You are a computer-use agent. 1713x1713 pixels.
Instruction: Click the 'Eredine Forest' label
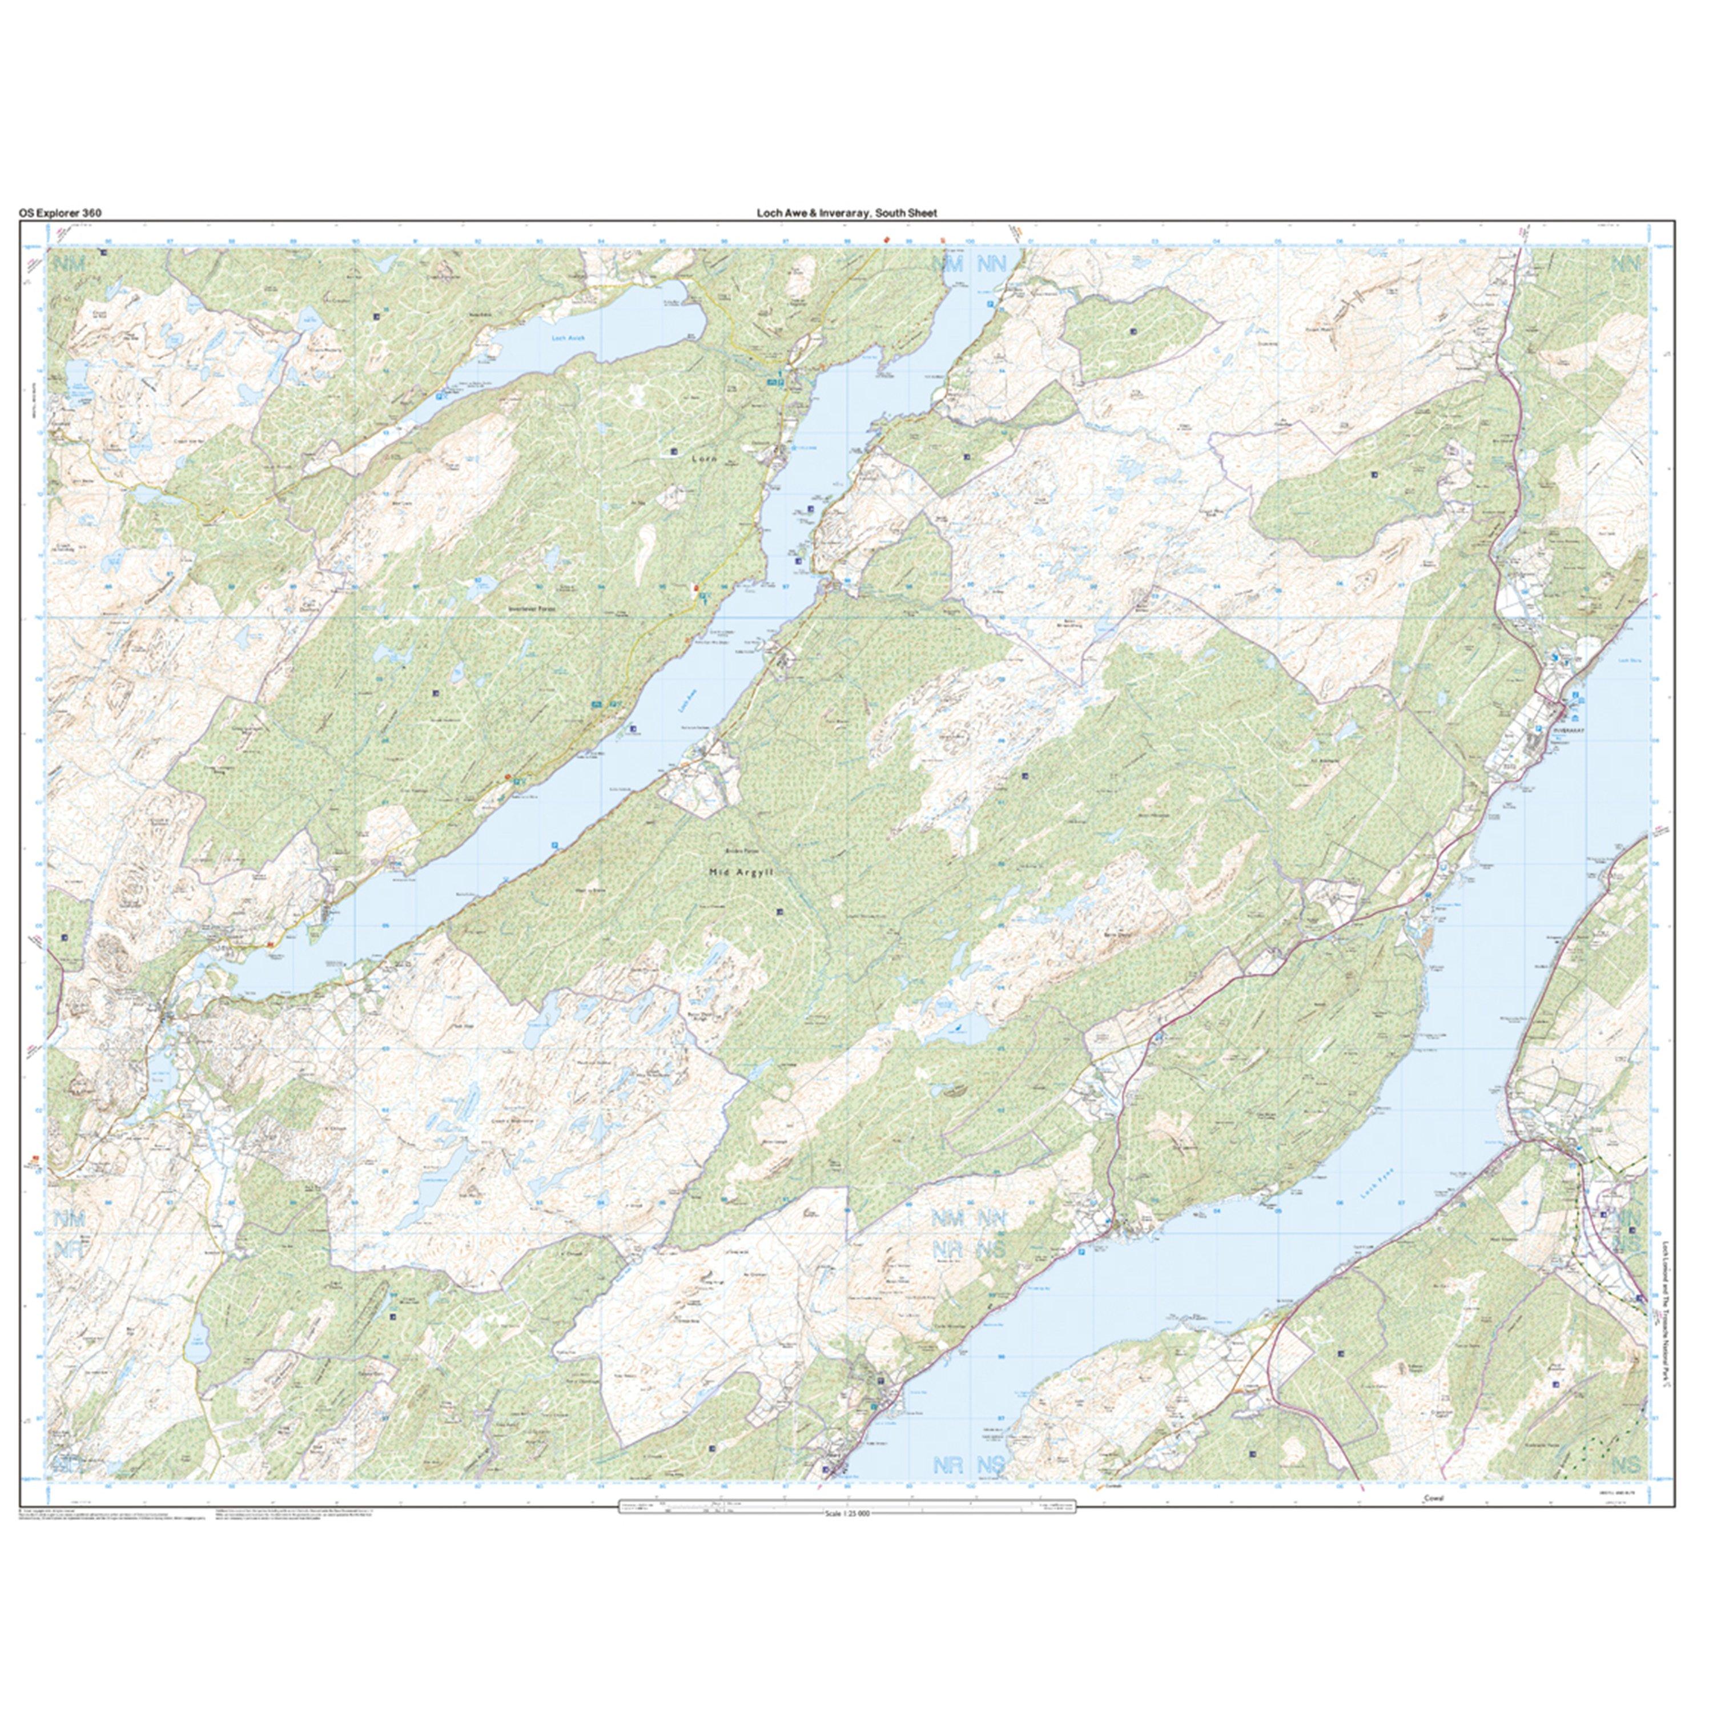738,850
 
